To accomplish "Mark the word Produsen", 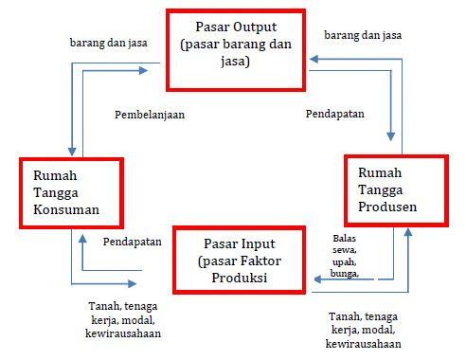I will coord(390,207).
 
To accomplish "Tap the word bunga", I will coord(347,273).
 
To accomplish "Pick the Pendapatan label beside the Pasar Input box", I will coord(133,242).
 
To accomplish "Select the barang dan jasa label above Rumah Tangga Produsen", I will coord(363,35).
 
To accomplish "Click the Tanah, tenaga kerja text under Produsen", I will coord(366,317).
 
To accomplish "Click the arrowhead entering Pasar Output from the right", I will coord(317,57).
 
